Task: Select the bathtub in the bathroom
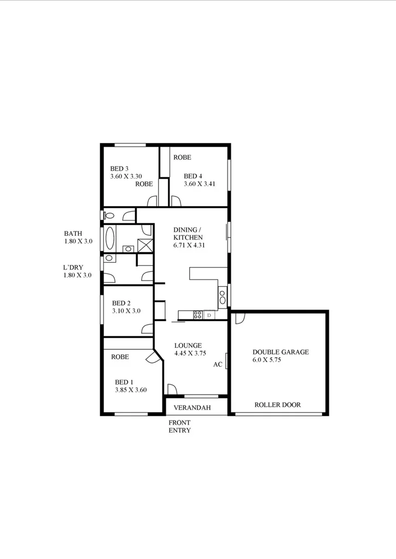[x=109, y=239]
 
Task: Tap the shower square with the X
[x=144, y=246]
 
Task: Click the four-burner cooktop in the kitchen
[x=198, y=314]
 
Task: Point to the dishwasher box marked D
[x=209, y=315]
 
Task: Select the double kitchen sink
[x=222, y=298]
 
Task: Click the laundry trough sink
[x=109, y=258]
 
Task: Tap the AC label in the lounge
[x=218, y=365]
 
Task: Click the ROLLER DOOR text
[x=277, y=405]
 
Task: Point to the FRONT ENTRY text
[x=179, y=426]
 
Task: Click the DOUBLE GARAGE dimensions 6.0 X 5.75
[x=266, y=360]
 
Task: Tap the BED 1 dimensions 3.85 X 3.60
[x=130, y=390]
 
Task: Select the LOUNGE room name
[x=188, y=346]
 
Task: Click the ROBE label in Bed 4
[x=182, y=157]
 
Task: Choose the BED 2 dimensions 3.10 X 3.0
[x=126, y=311]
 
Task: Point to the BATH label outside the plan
[x=73, y=233]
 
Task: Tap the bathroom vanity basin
[x=128, y=249]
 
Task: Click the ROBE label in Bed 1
[x=120, y=357]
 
